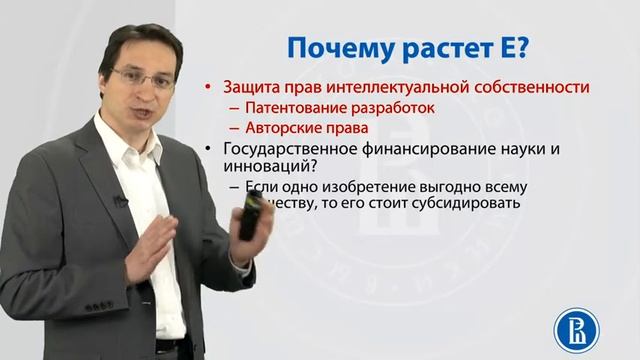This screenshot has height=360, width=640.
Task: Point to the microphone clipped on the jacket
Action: (119, 201)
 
